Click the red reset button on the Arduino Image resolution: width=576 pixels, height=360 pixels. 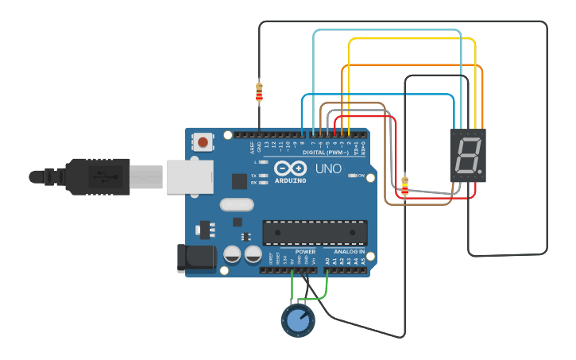click(x=203, y=142)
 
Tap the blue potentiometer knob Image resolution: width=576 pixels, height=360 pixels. click(x=298, y=320)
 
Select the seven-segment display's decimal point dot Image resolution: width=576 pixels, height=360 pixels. click(x=479, y=171)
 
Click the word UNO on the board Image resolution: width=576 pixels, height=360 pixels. click(x=328, y=168)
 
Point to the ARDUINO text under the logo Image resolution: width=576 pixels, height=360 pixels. click(x=292, y=180)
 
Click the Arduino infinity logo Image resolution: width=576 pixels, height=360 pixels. click(x=292, y=168)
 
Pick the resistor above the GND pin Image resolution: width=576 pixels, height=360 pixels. click(x=259, y=92)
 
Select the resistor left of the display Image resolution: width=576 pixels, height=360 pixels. click(x=405, y=186)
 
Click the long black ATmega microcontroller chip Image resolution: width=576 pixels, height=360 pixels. click(x=315, y=232)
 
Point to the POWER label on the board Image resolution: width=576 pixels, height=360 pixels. click(x=305, y=252)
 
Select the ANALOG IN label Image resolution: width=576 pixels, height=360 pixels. click(x=350, y=252)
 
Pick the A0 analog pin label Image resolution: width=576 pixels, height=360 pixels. click(x=327, y=260)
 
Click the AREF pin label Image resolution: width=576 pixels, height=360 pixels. click(x=252, y=146)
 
